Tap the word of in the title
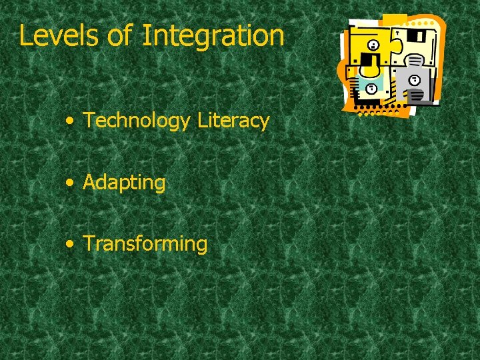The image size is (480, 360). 120,35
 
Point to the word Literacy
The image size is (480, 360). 233,121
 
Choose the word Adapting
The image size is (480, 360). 124,183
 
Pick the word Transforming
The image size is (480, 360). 145,243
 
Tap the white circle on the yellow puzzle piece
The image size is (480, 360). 373,45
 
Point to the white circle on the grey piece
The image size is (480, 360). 415,79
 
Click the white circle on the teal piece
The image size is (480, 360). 371,88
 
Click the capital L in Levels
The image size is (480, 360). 25,35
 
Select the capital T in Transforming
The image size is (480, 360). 88,243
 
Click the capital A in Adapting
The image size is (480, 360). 89,182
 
